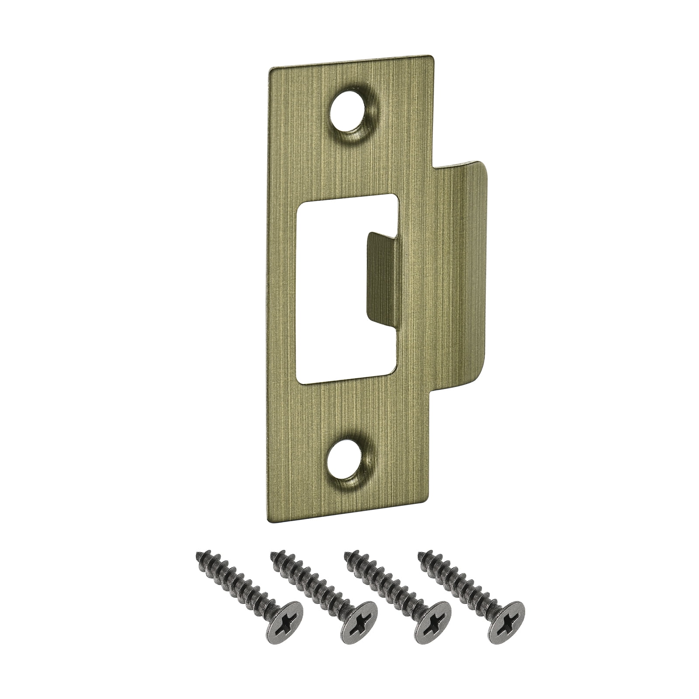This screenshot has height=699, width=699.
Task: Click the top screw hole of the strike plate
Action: coord(347,111)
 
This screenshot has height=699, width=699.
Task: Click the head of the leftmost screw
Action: coord(285,622)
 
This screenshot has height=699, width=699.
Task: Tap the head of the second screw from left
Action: coord(359,622)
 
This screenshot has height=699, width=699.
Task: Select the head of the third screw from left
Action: coord(433,622)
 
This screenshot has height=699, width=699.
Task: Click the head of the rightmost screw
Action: coord(506,622)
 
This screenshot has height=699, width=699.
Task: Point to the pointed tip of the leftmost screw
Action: coord(198,555)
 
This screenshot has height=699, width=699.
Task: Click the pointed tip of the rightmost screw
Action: coord(421,555)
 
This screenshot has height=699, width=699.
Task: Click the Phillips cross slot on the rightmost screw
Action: coord(507,623)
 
